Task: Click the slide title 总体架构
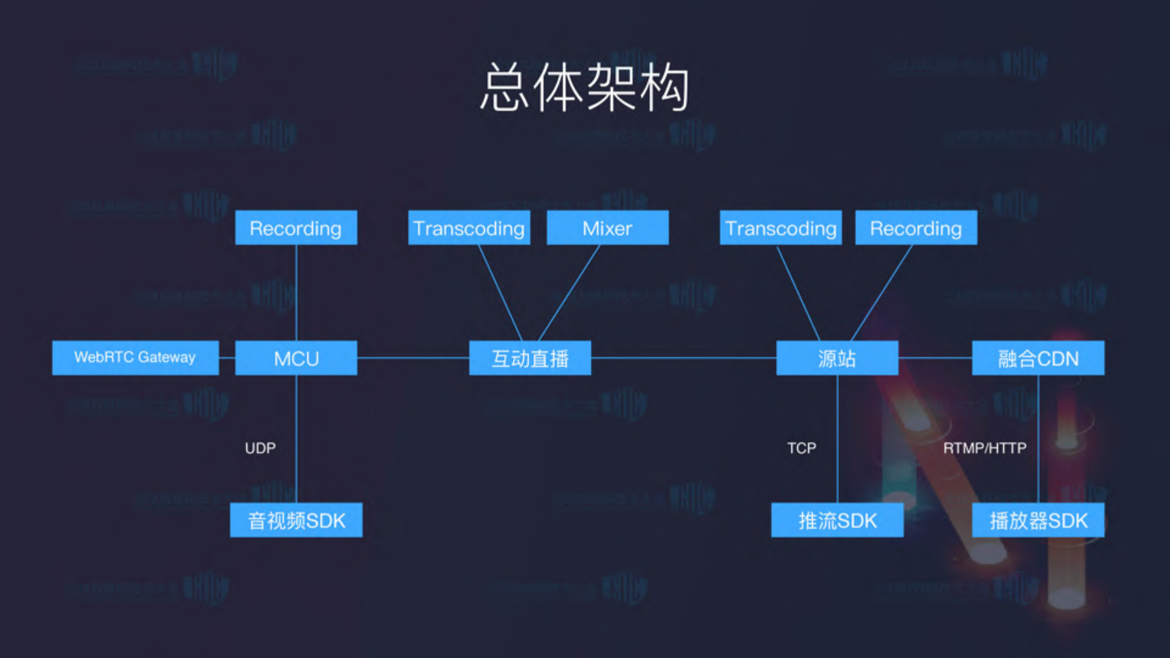(x=584, y=88)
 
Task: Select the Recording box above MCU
(x=296, y=228)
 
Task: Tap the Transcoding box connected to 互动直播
(x=469, y=228)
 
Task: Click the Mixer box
(x=607, y=228)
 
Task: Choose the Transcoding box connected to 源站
(x=780, y=228)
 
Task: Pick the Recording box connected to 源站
(x=916, y=228)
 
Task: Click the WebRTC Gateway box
(x=135, y=358)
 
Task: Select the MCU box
(x=296, y=358)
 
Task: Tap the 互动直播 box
(x=530, y=358)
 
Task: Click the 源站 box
(x=836, y=358)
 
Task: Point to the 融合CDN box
(x=1038, y=358)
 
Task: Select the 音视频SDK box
(x=296, y=520)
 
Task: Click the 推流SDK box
(x=837, y=520)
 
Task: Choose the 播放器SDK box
(x=1038, y=520)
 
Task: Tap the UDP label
(x=260, y=448)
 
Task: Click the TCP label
(x=801, y=448)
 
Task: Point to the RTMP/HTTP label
(x=985, y=448)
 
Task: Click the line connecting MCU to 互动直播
(x=413, y=358)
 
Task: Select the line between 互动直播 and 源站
(x=683, y=358)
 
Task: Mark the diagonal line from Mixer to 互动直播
(x=569, y=292)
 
